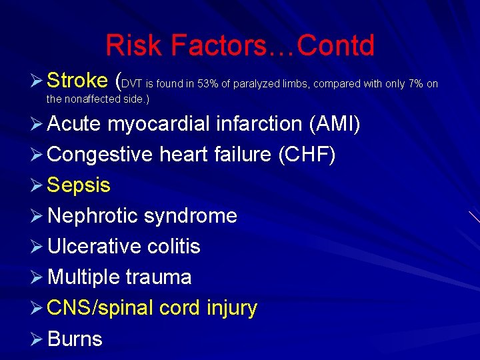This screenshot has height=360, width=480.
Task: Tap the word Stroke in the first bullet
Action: point(77,81)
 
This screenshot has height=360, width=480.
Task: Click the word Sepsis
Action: point(79,185)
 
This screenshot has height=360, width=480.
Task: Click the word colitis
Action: point(174,247)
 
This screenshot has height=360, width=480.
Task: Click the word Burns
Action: point(75,339)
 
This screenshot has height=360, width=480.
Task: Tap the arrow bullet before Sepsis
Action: point(38,185)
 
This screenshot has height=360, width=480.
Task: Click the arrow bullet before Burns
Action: point(38,339)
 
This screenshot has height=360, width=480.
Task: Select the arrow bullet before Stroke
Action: point(38,81)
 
